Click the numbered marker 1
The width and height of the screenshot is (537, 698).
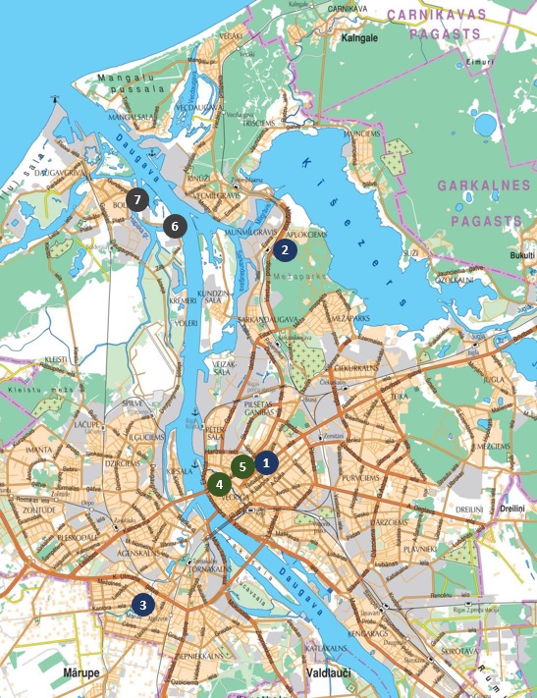[266, 459]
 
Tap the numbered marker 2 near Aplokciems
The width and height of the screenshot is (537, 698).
[285, 249]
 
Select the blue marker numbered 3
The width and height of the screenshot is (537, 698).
[143, 604]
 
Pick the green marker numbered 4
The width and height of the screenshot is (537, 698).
[219, 483]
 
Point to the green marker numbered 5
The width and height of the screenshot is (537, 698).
[242, 466]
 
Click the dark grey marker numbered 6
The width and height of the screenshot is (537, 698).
[175, 226]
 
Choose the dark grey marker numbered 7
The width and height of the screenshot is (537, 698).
[137, 199]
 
